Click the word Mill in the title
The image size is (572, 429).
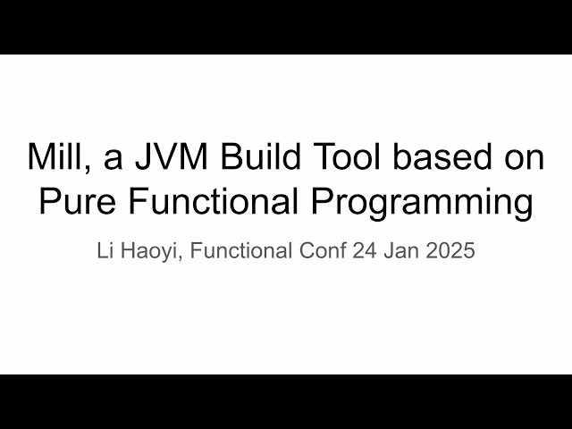point(53,159)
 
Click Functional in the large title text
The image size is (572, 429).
point(212,202)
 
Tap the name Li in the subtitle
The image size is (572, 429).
point(105,251)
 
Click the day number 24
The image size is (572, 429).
point(366,251)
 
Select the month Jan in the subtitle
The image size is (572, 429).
point(402,251)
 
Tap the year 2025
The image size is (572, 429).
point(450,251)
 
